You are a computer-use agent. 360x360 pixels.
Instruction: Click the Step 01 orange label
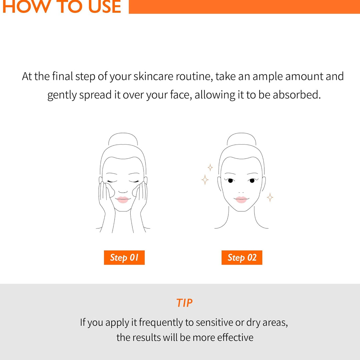point(124,258)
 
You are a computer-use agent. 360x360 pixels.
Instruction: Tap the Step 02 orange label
point(242,258)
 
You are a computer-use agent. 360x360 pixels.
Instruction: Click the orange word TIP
point(184,303)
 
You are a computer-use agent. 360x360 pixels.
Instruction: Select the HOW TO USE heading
point(62,7)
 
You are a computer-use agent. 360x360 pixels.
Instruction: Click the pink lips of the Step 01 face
point(123,199)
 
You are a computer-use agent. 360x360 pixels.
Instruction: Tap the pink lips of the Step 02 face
point(241,199)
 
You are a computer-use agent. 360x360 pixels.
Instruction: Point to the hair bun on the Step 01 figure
point(123,139)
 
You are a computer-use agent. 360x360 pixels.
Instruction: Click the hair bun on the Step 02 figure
point(241,139)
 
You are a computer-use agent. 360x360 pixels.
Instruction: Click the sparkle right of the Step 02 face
point(270,197)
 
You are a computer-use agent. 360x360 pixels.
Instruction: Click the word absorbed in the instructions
point(296,95)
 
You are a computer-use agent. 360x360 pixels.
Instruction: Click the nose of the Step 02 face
point(241,191)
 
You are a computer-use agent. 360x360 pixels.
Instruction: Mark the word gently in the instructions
point(62,95)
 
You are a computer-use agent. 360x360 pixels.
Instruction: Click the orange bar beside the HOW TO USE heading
point(244,7)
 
